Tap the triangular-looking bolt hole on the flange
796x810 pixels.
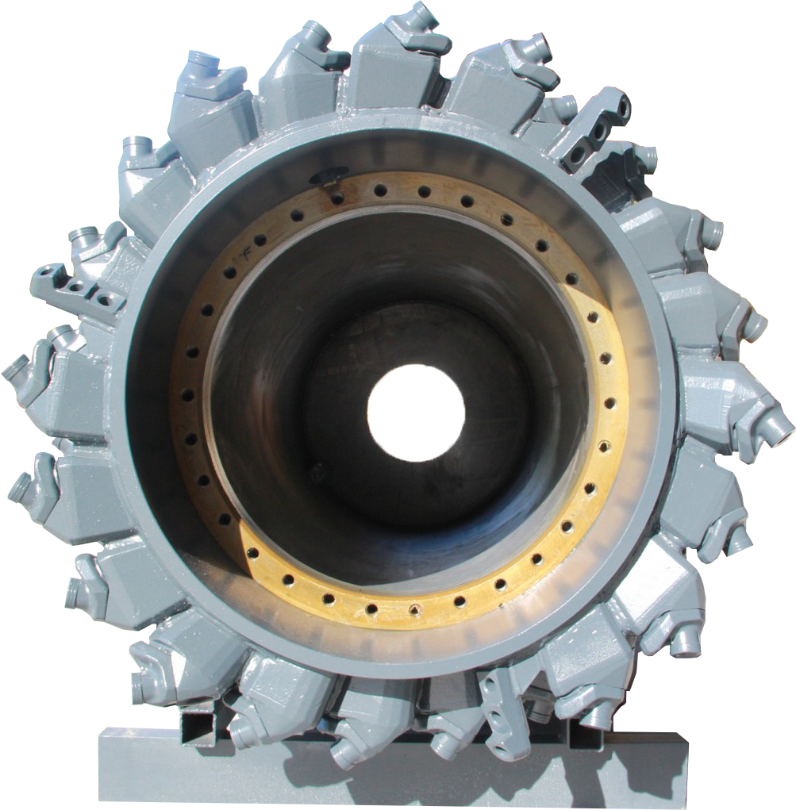[414, 610]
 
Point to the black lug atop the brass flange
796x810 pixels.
[329, 176]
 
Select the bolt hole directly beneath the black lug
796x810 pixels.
[338, 198]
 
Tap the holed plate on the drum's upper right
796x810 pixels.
[591, 131]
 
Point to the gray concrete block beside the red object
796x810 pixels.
[766, 466]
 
